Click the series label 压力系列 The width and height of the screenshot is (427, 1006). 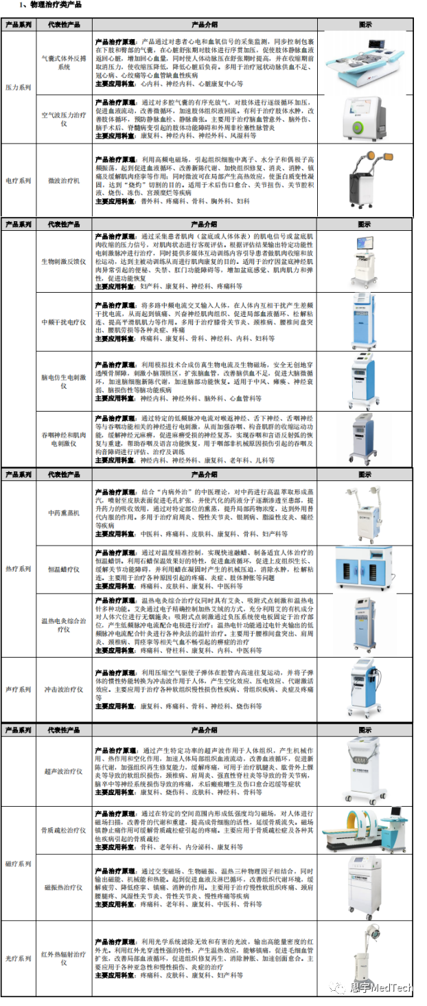pos(19,88)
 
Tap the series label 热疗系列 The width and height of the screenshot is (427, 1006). pos(19,569)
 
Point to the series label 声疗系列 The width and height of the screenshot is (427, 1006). pos(19,689)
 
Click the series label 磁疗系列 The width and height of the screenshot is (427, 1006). pos(19,864)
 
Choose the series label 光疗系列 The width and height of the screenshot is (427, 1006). pos(19,958)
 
